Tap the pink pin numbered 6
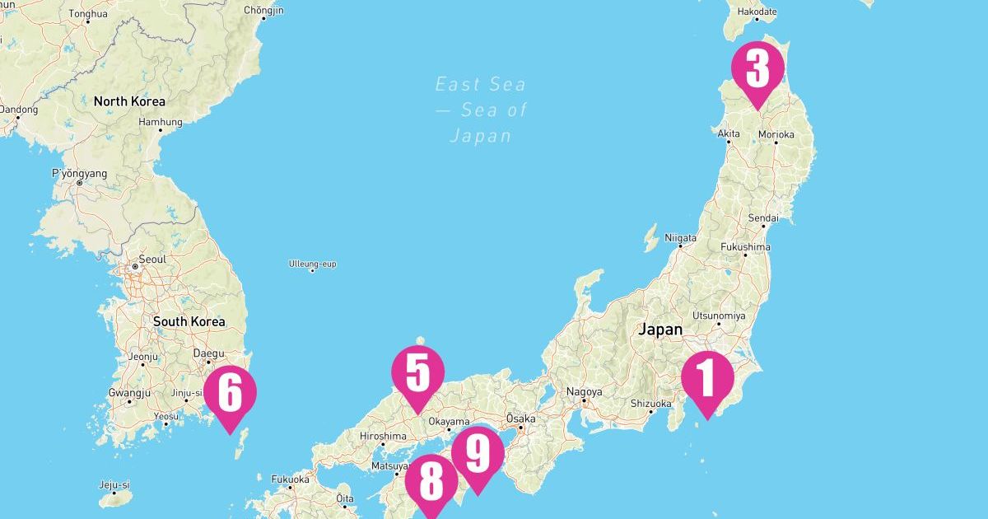coord(230,394)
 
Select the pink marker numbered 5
coord(417,374)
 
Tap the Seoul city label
coord(152,259)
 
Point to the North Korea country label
coord(129,101)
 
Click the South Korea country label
coord(189,321)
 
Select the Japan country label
coord(660,330)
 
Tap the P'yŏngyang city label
coord(79,174)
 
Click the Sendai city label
coord(762,218)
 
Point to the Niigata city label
coord(680,238)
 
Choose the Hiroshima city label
coord(383,436)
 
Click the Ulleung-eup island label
coord(312,264)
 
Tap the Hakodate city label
coord(757,12)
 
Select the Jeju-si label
coord(115,484)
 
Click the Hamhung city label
coord(160,122)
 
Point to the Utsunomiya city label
coord(720,316)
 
